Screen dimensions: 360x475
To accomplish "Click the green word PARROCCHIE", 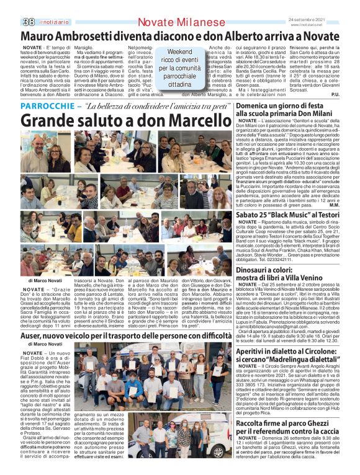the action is pyautogui.click(x=47, y=107).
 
